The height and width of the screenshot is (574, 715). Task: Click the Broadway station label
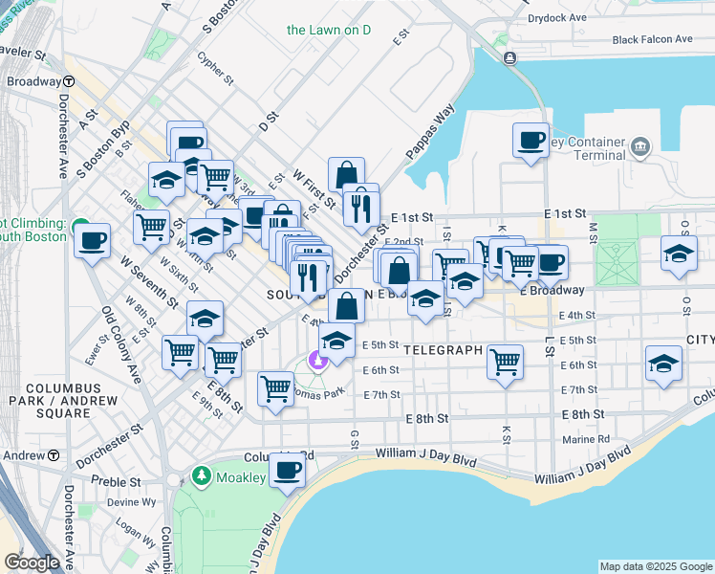pos(34,81)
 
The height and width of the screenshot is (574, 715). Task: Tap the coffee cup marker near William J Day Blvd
pos(287,470)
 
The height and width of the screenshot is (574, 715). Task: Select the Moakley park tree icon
pos(201,475)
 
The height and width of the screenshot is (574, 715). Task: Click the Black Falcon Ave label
pos(653,39)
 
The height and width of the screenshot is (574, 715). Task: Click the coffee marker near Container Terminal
pos(531,141)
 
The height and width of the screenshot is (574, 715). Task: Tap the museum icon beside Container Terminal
pos(639,148)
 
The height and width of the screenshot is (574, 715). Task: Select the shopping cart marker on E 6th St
pos(504,362)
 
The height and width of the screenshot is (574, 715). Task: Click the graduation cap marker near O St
pos(679,254)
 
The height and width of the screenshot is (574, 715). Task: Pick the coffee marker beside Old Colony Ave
pos(92,240)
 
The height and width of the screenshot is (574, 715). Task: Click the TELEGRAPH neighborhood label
pos(442,350)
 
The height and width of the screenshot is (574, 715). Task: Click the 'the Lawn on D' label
pos(329,30)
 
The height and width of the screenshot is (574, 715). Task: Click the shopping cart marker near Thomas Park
pos(275,388)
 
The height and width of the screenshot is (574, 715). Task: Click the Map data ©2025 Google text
pos(656,566)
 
